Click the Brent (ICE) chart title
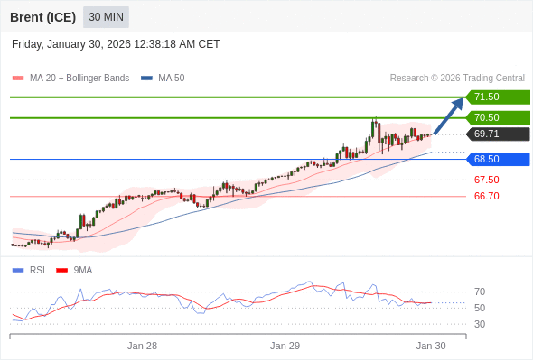[42, 17]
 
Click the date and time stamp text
[116, 44]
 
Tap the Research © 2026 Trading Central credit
[457, 78]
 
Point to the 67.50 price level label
[486, 180]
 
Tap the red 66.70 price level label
[486, 196]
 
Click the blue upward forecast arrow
[449, 116]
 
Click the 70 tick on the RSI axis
[480, 292]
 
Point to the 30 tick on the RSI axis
[480, 324]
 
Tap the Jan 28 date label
[142, 346]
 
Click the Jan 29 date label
[285, 346]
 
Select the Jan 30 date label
[431, 346]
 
